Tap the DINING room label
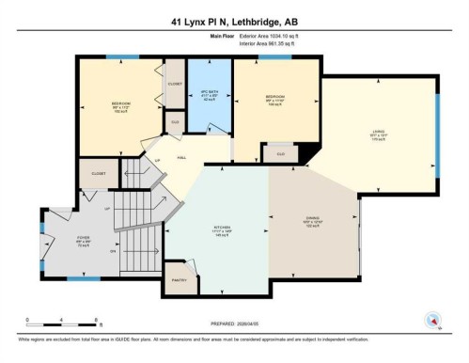click(313, 222)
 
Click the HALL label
click(181, 157)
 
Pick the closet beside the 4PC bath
click(175, 83)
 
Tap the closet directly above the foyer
click(99, 174)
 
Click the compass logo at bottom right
click(433, 319)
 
